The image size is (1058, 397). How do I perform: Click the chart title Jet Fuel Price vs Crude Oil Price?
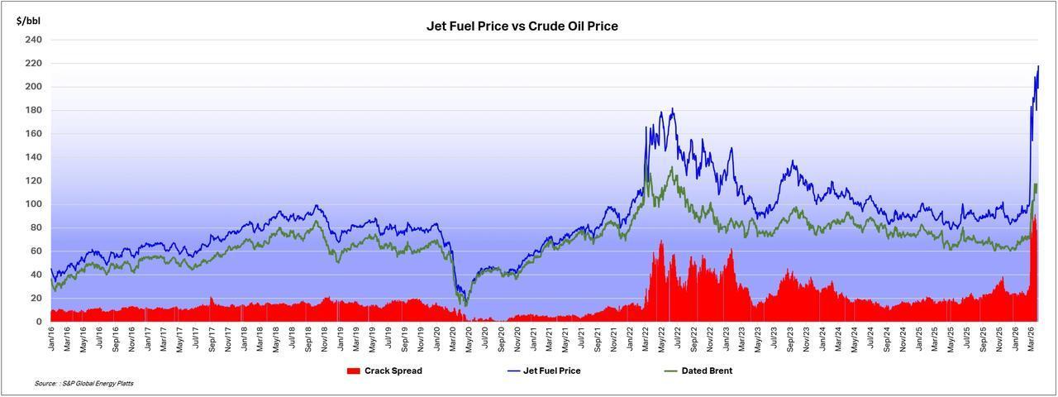[x=522, y=26]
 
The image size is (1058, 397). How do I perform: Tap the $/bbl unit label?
[x=28, y=19]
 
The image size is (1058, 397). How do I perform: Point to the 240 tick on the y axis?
[x=33, y=40]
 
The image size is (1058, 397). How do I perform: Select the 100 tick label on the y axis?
[x=33, y=204]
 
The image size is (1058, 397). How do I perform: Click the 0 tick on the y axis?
[x=39, y=322]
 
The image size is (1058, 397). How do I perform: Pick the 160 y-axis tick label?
[x=33, y=134]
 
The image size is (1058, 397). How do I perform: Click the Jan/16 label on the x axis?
[x=52, y=341]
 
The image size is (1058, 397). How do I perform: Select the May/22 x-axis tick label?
[x=662, y=341]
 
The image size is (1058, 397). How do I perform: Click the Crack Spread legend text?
[x=393, y=371]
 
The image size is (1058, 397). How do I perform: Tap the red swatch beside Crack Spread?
[x=354, y=371]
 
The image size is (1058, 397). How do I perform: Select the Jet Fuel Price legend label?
[x=552, y=371]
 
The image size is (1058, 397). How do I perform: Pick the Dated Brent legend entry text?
[x=707, y=371]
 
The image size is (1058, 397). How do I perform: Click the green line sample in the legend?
[x=671, y=371]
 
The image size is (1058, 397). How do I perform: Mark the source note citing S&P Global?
[x=83, y=384]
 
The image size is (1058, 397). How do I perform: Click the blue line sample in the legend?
[x=512, y=371]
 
